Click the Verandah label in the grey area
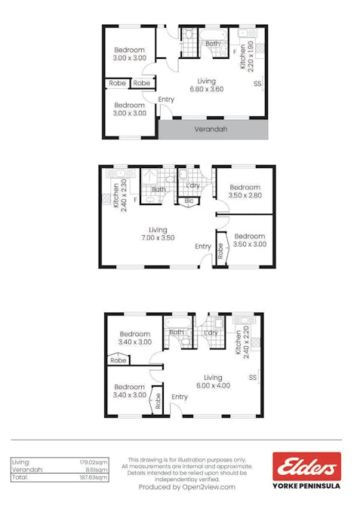[211, 129]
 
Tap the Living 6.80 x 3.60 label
[206, 85]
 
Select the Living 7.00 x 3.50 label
[158, 234]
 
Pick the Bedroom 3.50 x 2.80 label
[245, 192]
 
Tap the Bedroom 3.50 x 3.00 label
[249, 240]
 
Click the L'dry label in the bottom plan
[211, 333]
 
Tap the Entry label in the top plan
[166, 100]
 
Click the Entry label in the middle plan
[203, 247]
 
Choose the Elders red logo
[306, 467]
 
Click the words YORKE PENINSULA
[306, 486]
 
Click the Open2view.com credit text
[186, 487]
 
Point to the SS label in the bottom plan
[252, 377]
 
